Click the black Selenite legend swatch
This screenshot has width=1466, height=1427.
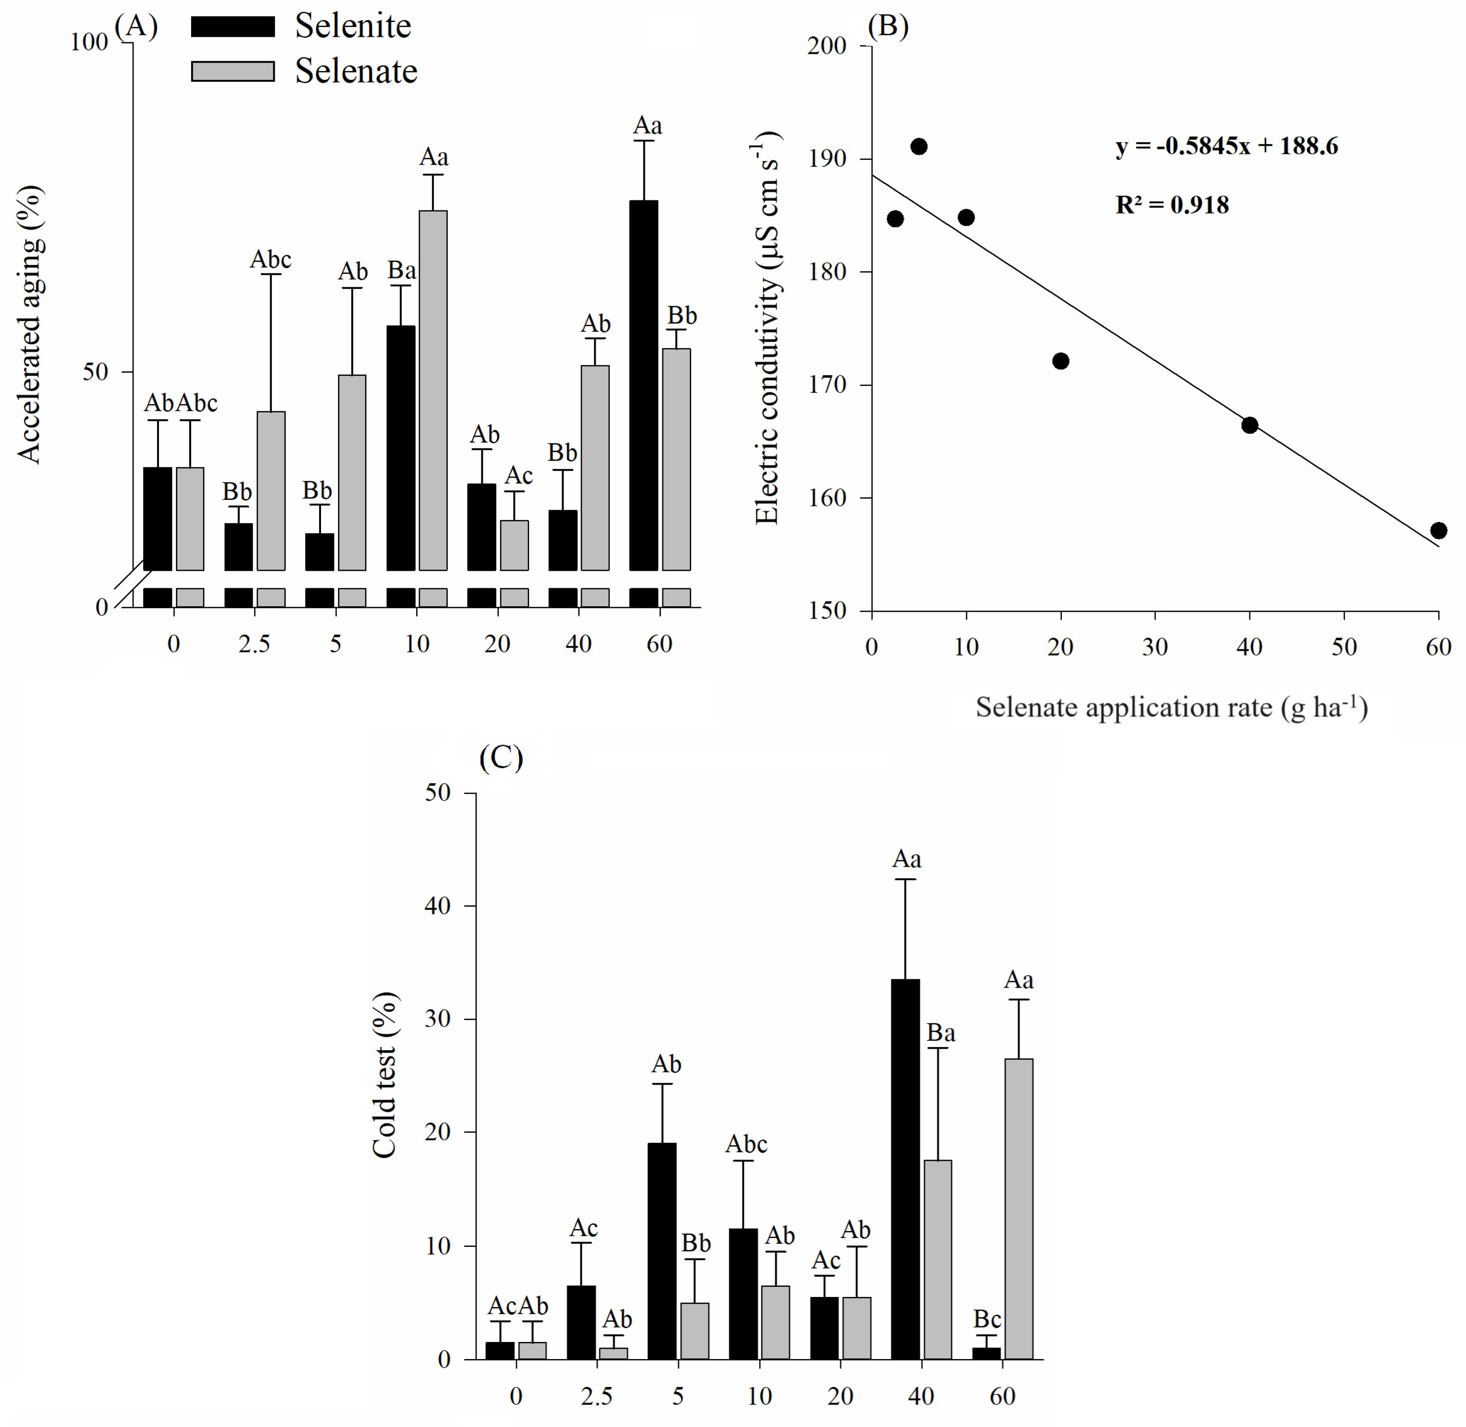pos(232,26)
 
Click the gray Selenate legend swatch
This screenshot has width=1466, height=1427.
pos(232,71)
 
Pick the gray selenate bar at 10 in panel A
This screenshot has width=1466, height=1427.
pos(433,390)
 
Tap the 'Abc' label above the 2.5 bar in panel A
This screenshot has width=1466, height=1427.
pos(271,259)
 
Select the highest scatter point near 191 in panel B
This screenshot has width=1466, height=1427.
pos(919,146)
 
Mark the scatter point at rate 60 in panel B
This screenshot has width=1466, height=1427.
pos(1438,531)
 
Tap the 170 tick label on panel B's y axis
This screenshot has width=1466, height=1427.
pos(827,385)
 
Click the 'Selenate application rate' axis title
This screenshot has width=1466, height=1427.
pos(1171,707)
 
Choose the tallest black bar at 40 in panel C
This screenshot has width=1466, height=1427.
pos(905,1169)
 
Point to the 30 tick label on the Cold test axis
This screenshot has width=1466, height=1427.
pos(438,1018)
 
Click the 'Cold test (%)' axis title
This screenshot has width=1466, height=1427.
pos(384,1075)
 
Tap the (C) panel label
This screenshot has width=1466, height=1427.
pos(501,758)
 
